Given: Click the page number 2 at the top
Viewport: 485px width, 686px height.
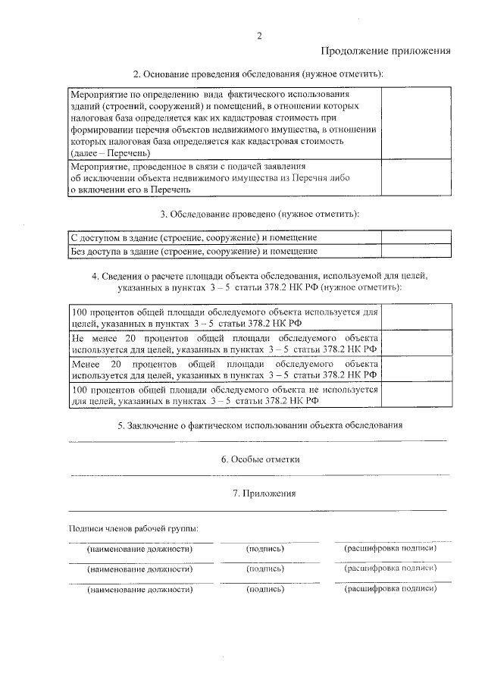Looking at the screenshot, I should tap(259, 36).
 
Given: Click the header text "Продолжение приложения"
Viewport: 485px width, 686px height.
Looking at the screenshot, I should tap(386, 52).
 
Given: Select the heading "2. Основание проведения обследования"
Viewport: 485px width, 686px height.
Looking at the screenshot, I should tap(258, 74).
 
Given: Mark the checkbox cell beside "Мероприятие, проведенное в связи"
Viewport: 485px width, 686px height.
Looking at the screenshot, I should tap(415, 178).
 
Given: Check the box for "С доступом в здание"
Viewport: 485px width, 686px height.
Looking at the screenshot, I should tap(415, 237).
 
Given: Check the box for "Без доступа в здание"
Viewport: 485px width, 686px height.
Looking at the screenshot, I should tap(415, 250).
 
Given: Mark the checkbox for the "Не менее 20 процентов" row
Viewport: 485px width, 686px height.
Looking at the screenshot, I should tap(415, 343).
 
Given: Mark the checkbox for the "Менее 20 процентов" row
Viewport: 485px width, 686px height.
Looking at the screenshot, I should tap(415, 369).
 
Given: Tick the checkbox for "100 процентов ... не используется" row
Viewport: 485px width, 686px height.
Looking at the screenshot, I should tap(415, 395).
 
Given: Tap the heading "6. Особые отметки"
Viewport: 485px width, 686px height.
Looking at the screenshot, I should tap(260, 459).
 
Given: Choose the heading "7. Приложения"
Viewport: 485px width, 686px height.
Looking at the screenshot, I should tap(260, 493).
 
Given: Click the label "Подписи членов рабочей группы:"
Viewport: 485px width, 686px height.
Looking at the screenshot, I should tap(133, 528).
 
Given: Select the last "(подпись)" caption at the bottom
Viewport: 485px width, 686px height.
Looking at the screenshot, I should tap(265, 588).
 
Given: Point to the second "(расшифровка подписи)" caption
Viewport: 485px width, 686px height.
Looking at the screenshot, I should tap(390, 568).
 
